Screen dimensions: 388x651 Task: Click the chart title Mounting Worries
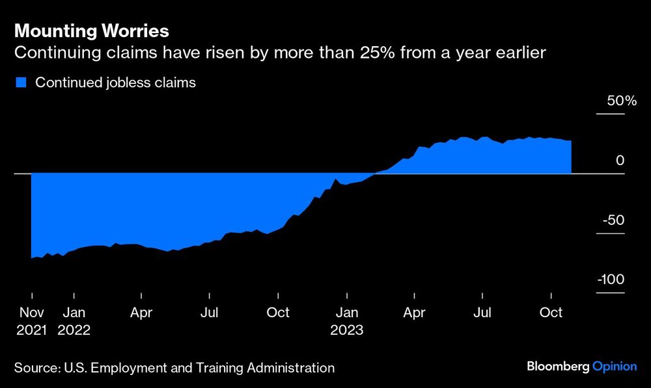tap(91, 31)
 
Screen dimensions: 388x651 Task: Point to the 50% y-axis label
tap(622, 102)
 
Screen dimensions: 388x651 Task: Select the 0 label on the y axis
tap(620, 161)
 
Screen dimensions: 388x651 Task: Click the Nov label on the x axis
tap(31, 313)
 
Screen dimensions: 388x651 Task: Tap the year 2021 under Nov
tap(31, 330)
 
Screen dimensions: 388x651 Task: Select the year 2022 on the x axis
tap(74, 330)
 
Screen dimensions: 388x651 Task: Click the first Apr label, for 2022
tap(141, 313)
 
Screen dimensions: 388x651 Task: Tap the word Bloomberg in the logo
tap(557, 367)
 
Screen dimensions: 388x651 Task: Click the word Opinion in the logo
tap(615, 367)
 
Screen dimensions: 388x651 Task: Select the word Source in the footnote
tap(36, 368)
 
